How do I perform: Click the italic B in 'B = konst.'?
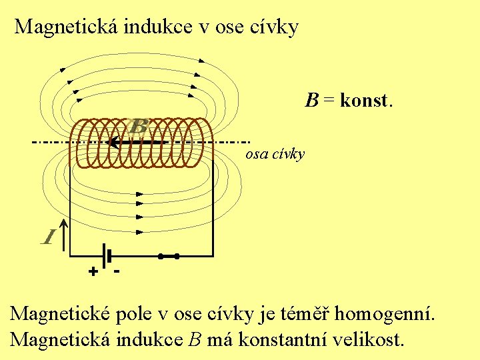[312, 101]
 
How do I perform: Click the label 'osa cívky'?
[275, 154]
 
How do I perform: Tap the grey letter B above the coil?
[139, 126]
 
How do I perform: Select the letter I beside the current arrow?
[48, 236]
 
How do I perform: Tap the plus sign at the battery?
[93, 272]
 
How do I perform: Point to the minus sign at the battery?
[117, 271]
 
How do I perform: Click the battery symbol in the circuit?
[105, 255]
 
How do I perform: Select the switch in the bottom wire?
[169, 255]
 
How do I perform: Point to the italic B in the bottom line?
[195, 340]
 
